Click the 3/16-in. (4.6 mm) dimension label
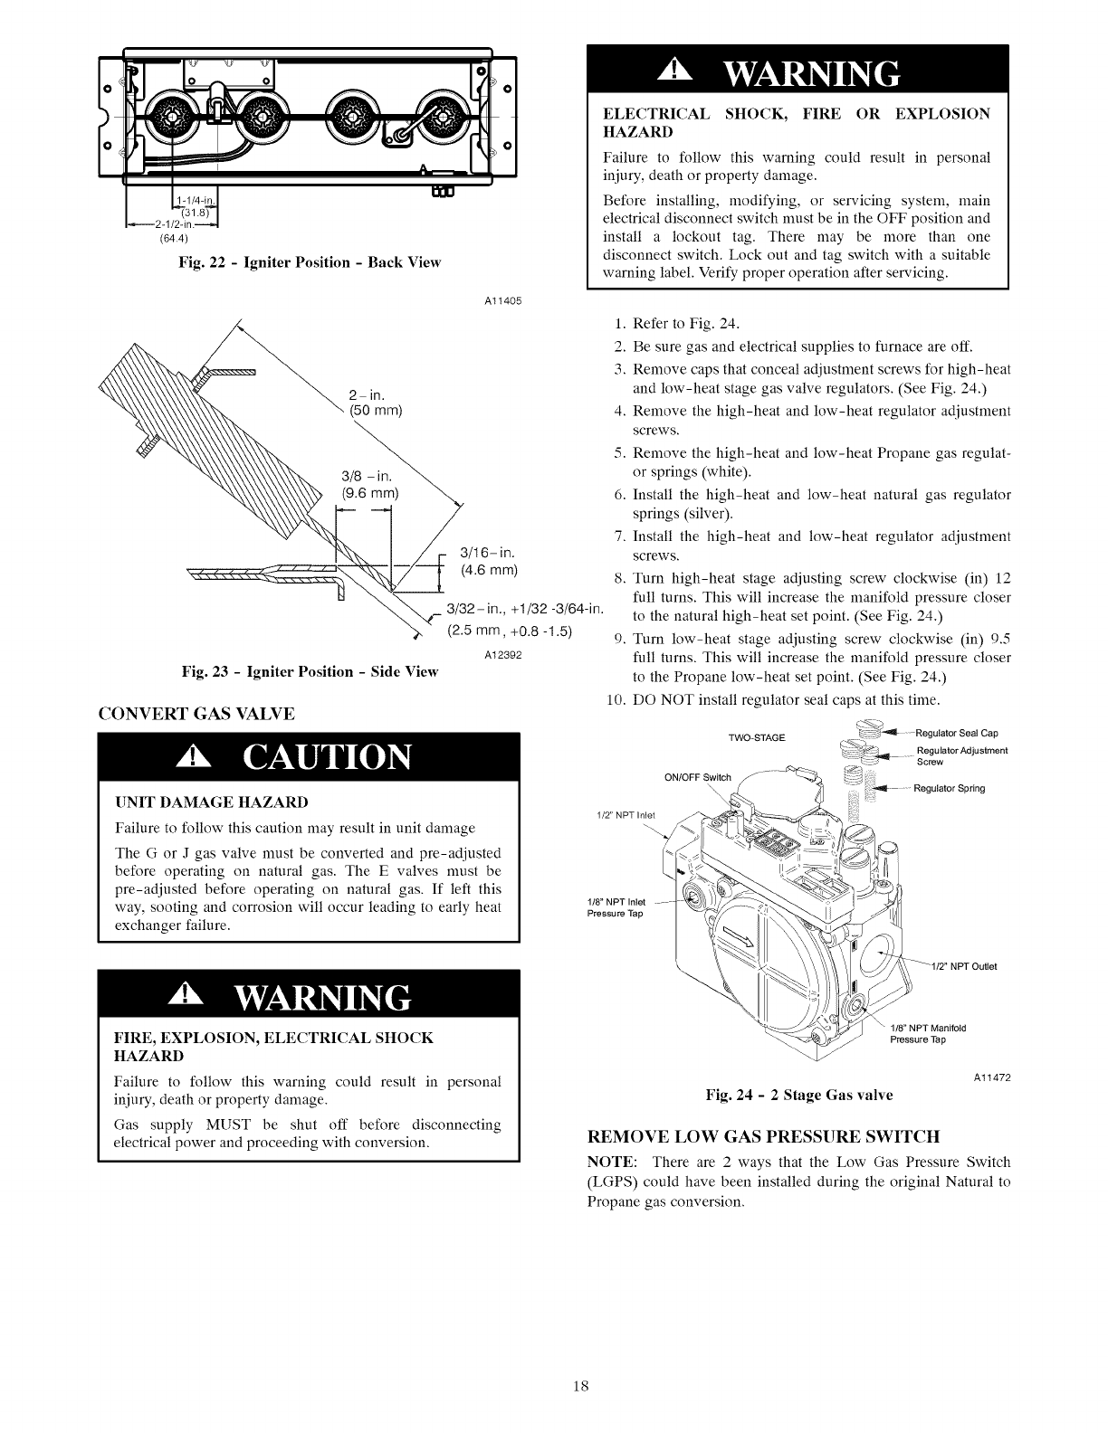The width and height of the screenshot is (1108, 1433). pyautogui.click(x=488, y=561)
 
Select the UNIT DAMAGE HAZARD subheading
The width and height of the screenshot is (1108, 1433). pyautogui.click(x=212, y=802)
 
